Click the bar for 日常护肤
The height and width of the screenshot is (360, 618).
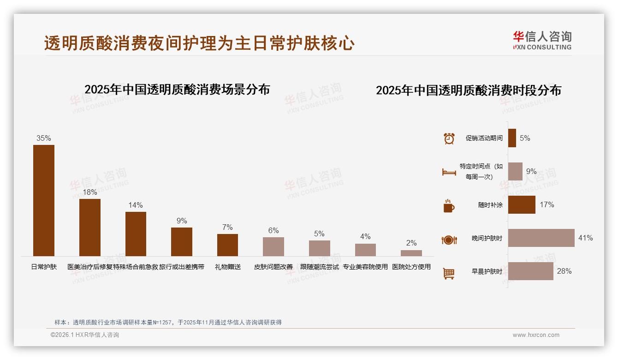pyautogui.click(x=44, y=200)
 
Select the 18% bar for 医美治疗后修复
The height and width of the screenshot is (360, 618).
pyautogui.click(x=89, y=227)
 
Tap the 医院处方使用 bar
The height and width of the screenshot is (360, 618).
pyautogui.click(x=411, y=253)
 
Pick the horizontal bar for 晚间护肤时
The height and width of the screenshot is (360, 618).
pyautogui.click(x=541, y=238)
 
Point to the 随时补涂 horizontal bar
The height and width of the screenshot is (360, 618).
pyautogui.click(x=522, y=205)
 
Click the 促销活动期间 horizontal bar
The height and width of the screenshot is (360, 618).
pyautogui.click(x=512, y=138)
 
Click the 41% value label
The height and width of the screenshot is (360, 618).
pyautogui.click(x=585, y=238)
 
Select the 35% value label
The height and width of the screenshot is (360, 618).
pyautogui.click(x=44, y=138)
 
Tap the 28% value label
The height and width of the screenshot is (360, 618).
pyautogui.click(x=564, y=271)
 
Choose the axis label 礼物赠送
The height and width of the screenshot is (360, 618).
pyautogui.click(x=227, y=267)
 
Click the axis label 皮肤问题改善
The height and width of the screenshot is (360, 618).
pyautogui.click(x=273, y=267)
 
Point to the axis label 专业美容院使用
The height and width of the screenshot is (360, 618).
pyautogui.click(x=365, y=267)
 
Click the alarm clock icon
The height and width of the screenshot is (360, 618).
pyautogui.click(x=449, y=138)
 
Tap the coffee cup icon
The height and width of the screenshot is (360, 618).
pyautogui.click(x=449, y=206)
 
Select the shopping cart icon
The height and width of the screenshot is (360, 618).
pyautogui.click(x=449, y=273)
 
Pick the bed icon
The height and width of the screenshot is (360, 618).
pyautogui.click(x=449, y=172)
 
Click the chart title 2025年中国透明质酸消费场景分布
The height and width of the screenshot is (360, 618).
pyautogui.click(x=177, y=89)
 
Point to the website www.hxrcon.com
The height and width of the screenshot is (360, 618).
pyautogui.click(x=535, y=335)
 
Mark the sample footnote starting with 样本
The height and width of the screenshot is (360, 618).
pyautogui.click(x=168, y=323)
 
